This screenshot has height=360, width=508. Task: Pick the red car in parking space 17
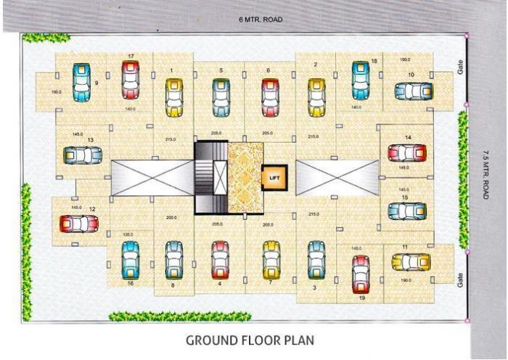click(130, 80)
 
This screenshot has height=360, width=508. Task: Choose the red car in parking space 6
click(268, 96)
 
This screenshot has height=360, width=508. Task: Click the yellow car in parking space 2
click(315, 96)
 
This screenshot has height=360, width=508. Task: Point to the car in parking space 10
click(413, 91)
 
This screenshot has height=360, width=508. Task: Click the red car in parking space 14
click(407, 153)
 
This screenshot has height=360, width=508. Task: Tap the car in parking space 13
click(82, 156)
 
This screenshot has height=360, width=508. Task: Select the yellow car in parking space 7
click(271, 259)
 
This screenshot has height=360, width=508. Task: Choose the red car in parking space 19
click(360, 274)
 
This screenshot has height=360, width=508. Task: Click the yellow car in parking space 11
click(411, 262)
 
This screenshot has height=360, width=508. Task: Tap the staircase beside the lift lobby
click(210, 177)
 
